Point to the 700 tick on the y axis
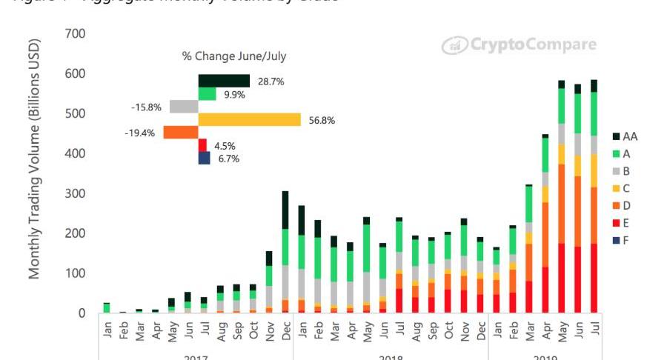76,34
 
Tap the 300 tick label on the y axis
76,193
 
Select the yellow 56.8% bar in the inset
249,119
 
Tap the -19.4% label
140,133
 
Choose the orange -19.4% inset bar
180,133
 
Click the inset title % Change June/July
234,56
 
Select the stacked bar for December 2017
285,252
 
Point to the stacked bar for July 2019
594,196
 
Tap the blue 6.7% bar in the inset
205,158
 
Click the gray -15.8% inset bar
184,107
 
